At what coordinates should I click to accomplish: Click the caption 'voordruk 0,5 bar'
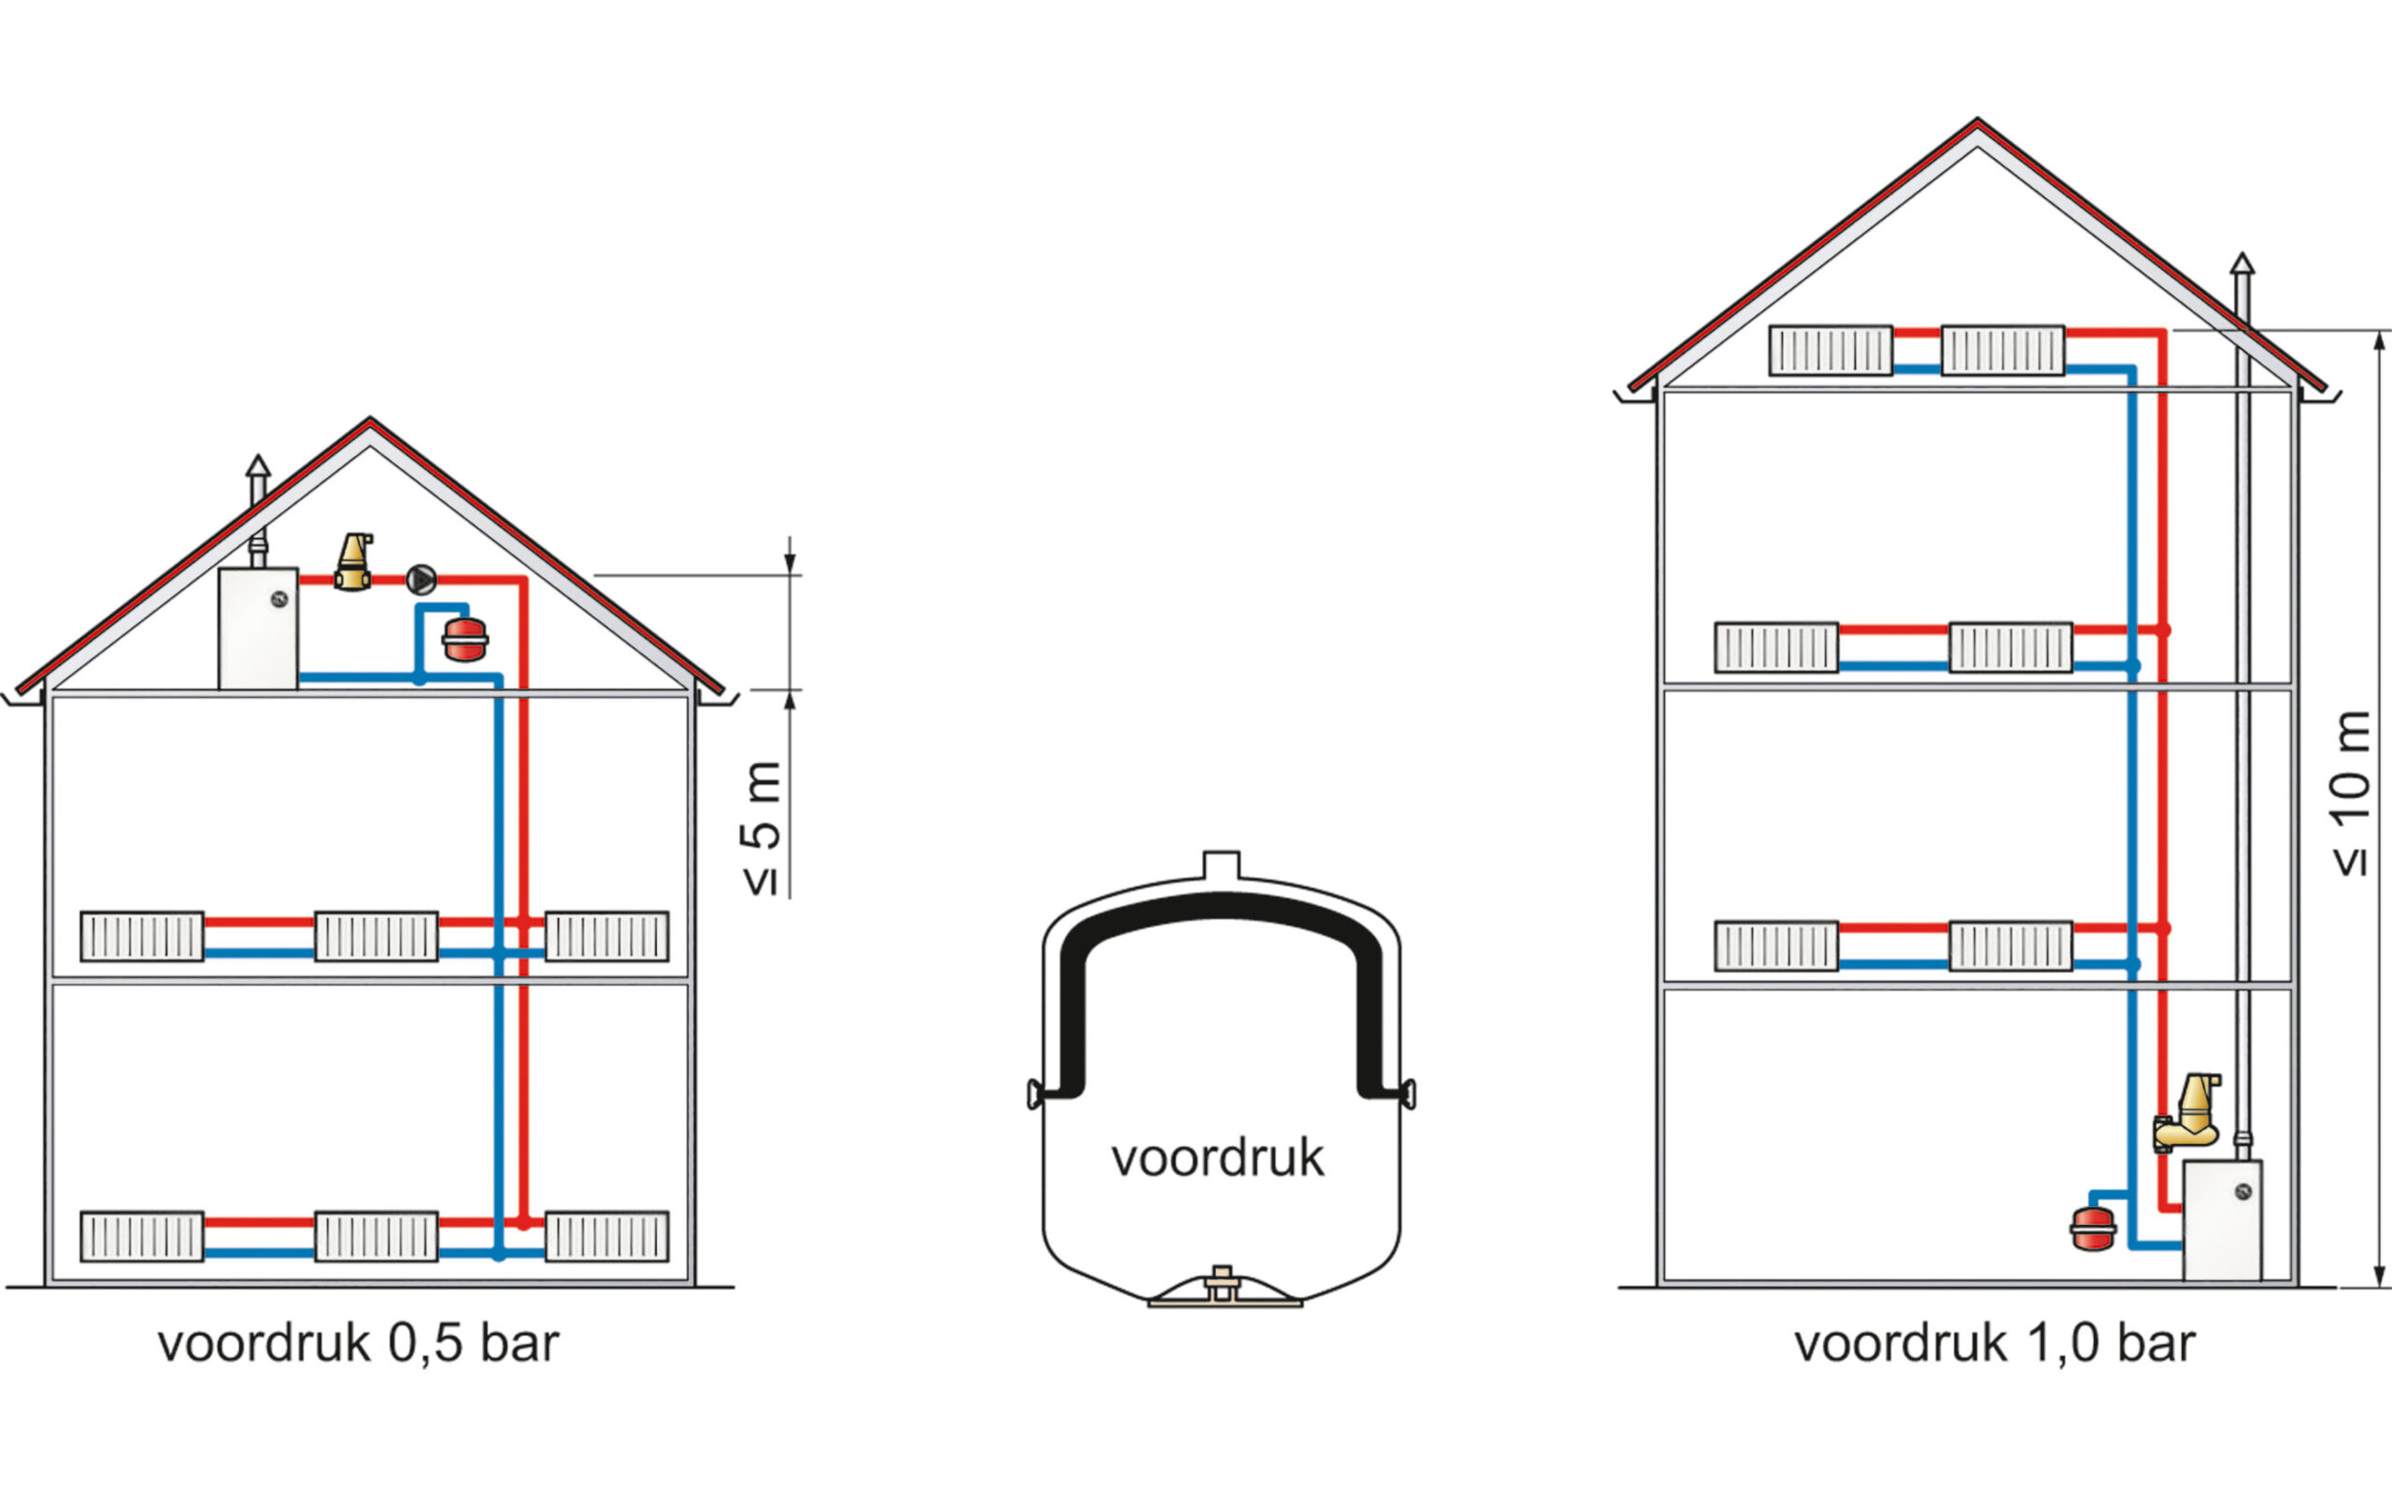point(358,1344)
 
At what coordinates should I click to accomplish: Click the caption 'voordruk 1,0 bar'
point(1995,1344)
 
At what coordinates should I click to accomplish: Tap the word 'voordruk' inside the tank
point(1217,1158)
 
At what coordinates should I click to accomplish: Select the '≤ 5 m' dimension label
point(762,829)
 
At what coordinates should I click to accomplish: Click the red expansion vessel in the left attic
point(464,640)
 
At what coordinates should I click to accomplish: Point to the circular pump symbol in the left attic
point(421,579)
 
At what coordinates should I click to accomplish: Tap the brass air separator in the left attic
point(354,562)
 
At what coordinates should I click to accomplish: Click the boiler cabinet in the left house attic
point(258,629)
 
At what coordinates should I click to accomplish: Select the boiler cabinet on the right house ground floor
point(2222,1221)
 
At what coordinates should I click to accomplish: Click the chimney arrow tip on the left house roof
point(258,464)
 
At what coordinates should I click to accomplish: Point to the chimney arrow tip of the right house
point(2242,263)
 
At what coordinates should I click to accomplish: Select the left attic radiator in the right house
point(1830,350)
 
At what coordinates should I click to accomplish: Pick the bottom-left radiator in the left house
point(142,1236)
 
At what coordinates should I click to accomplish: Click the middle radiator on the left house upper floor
point(376,936)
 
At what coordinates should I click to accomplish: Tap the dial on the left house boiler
point(278,598)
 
